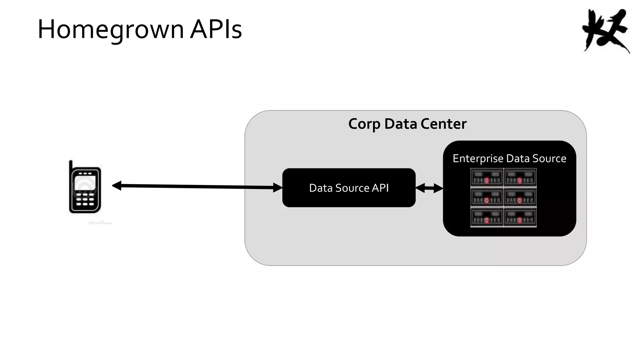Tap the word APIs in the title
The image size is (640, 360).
(216, 29)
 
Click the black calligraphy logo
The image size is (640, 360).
(606, 31)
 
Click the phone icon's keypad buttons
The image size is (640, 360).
(85, 199)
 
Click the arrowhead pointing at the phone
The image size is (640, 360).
(117, 186)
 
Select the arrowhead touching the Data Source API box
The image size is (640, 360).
(277, 187)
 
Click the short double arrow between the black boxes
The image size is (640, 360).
(429, 188)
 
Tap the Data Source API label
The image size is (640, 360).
(349, 188)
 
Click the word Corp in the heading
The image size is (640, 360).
(364, 124)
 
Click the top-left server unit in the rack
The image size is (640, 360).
(487, 177)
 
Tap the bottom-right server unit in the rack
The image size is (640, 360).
(520, 217)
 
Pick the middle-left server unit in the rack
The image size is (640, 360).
(487, 197)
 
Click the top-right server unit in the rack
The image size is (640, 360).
(520, 177)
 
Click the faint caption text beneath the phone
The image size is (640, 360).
(100, 223)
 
